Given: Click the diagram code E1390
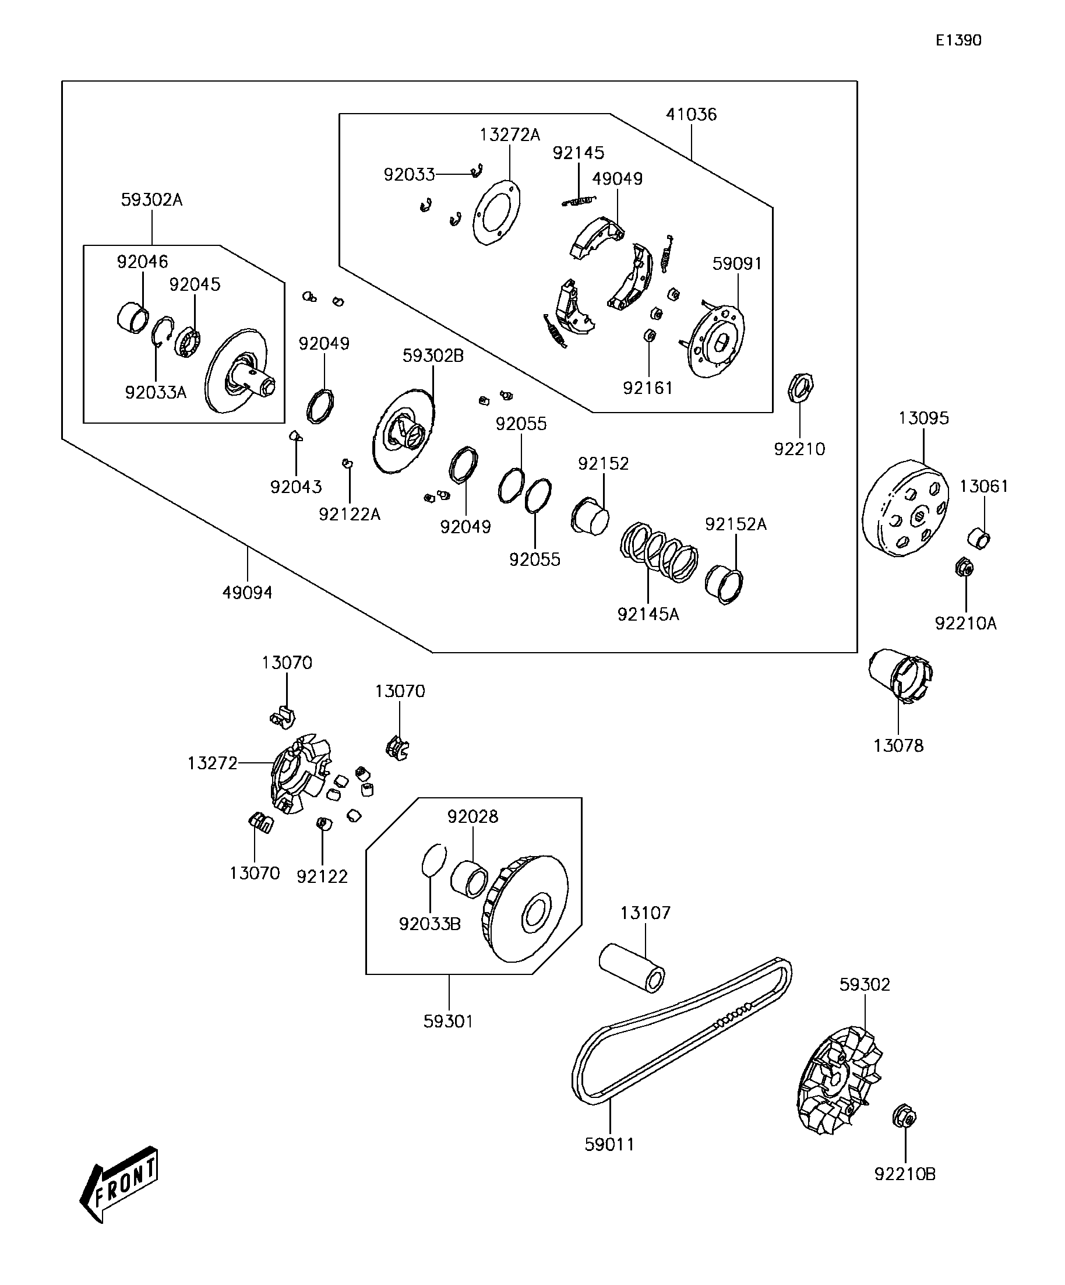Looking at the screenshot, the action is pyautogui.click(x=958, y=40).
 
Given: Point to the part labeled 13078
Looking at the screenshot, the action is pyautogui.click(x=901, y=676).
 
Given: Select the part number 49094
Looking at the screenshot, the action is pyautogui.click(x=247, y=592).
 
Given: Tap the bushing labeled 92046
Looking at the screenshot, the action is pyautogui.click(x=133, y=318).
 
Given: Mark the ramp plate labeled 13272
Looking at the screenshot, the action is pyautogui.click(x=301, y=774).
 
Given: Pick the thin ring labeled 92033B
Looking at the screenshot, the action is pyautogui.click(x=433, y=861).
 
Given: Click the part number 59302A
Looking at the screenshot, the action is pyautogui.click(x=151, y=200).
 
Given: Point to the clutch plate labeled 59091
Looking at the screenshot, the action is pyautogui.click(x=717, y=341).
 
